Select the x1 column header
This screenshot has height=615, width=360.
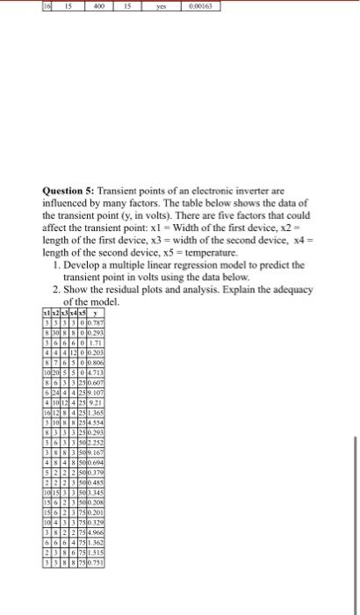tap(46, 314)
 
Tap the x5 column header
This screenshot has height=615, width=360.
tap(81, 314)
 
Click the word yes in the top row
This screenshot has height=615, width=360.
tap(161, 5)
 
